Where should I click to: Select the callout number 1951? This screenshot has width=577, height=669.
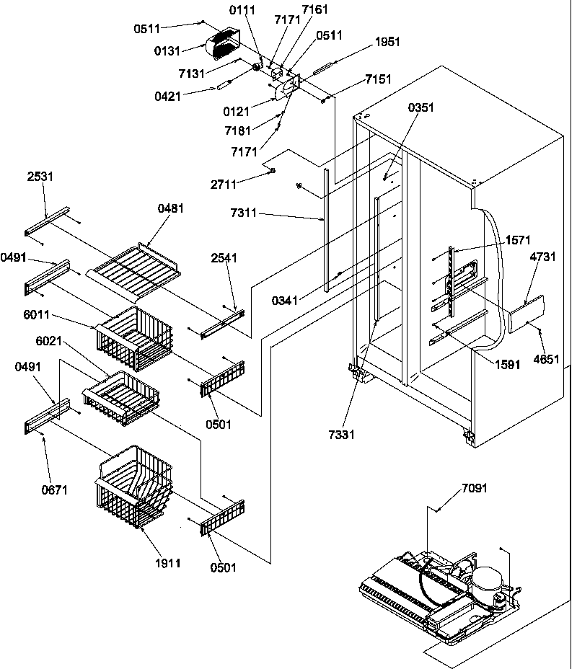pyautogui.click(x=387, y=42)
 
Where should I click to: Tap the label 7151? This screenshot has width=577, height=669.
pyautogui.click(x=378, y=79)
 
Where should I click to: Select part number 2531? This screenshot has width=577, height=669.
pyautogui.click(x=41, y=176)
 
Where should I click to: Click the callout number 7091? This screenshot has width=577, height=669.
pyautogui.click(x=473, y=488)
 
